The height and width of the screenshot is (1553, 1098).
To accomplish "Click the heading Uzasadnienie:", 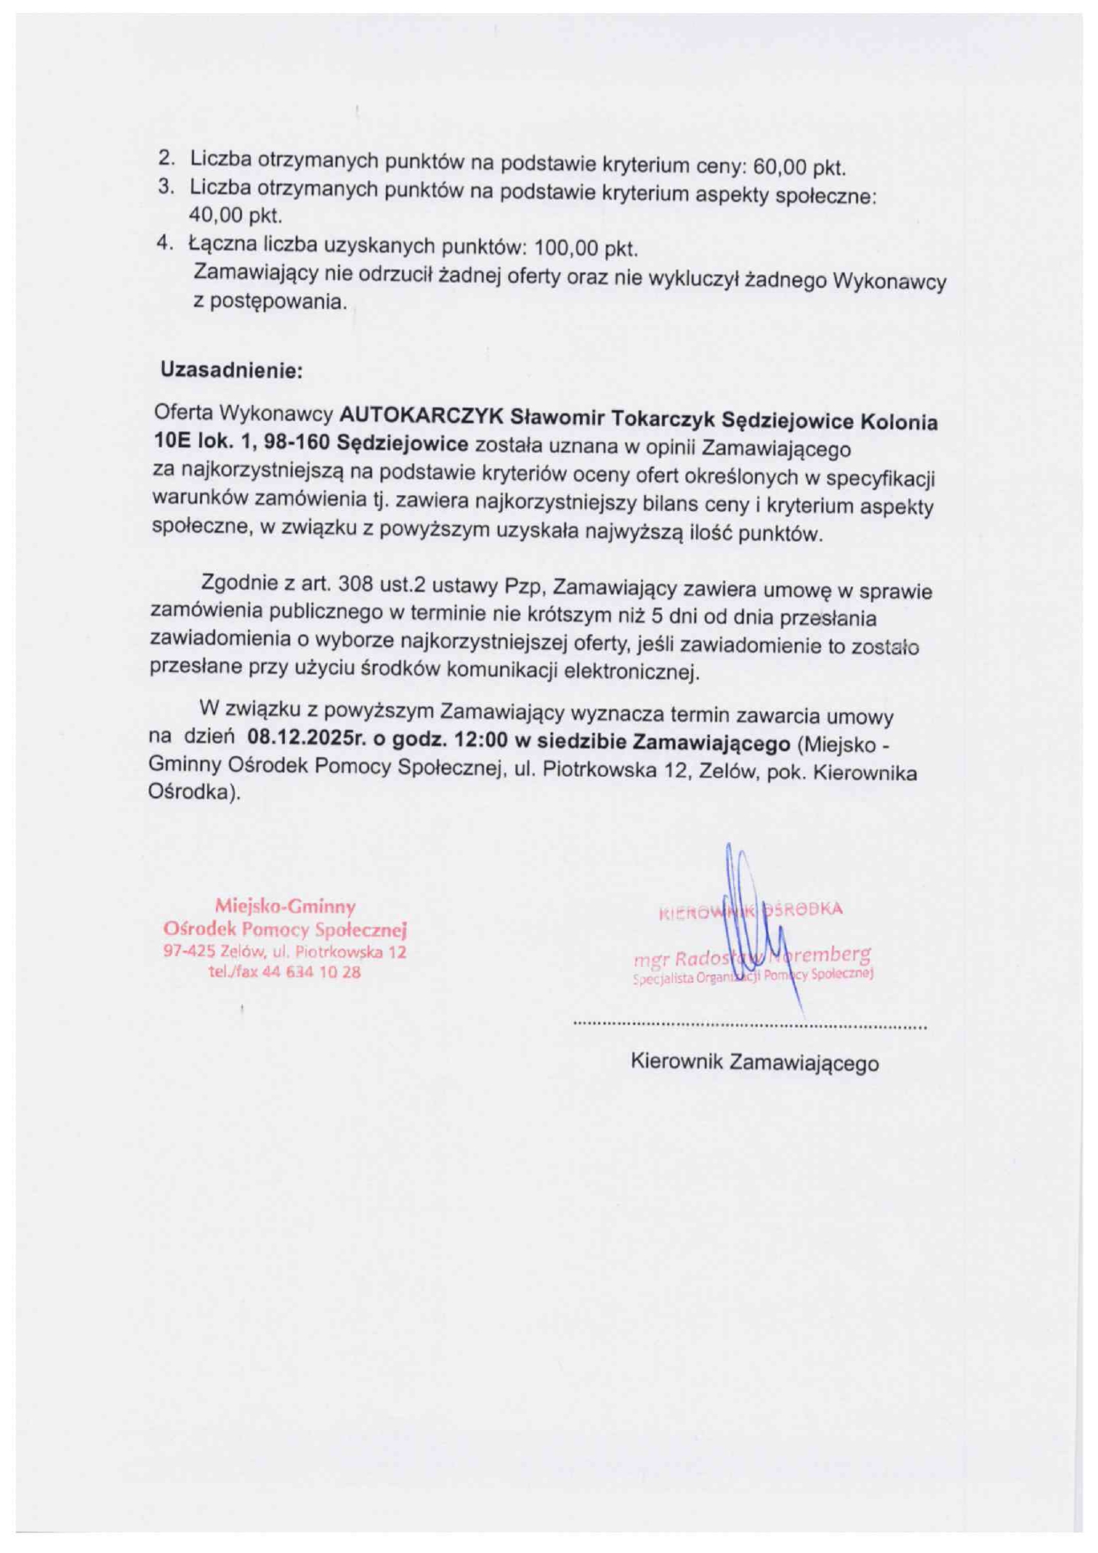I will pyautogui.click(x=231, y=370).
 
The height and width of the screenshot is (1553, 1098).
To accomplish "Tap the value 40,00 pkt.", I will pyautogui.click(x=236, y=215).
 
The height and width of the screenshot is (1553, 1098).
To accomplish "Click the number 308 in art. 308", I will pyautogui.click(x=356, y=584).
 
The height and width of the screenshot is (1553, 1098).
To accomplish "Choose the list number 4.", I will pyautogui.click(x=164, y=242).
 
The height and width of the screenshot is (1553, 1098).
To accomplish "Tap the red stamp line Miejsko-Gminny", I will pyautogui.click(x=284, y=906).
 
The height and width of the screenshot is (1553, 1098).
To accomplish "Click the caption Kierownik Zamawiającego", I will pyautogui.click(x=754, y=1062).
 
